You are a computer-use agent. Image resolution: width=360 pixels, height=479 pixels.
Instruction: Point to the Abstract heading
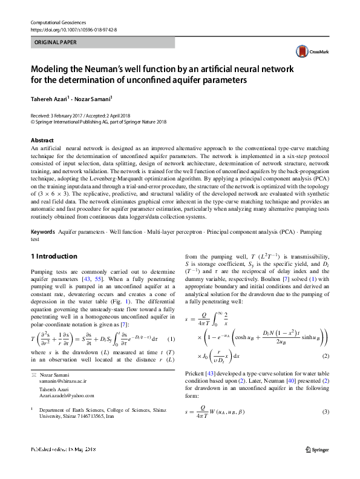point(41,140)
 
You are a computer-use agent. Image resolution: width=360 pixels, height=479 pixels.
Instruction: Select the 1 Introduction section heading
point(54,256)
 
